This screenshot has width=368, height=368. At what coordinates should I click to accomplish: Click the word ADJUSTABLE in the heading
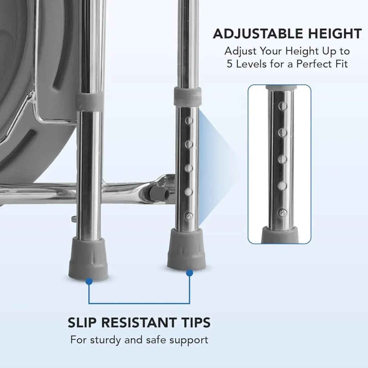(x=258, y=34)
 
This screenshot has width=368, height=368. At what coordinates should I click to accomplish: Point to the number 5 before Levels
(x=229, y=64)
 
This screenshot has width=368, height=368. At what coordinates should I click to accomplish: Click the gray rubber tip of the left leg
(x=88, y=258)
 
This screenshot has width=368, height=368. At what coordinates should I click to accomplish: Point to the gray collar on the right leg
(x=187, y=96)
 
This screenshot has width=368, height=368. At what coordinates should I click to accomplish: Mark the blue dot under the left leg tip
(x=89, y=281)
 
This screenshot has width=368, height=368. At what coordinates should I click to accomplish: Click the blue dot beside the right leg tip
(x=190, y=273)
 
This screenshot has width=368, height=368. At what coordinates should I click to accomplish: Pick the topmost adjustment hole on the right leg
(x=189, y=121)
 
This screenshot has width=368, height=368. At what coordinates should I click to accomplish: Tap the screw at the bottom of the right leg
(x=189, y=216)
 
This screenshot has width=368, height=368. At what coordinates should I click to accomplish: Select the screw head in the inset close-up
(x=282, y=213)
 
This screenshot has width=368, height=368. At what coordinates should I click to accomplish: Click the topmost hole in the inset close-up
(x=283, y=106)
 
